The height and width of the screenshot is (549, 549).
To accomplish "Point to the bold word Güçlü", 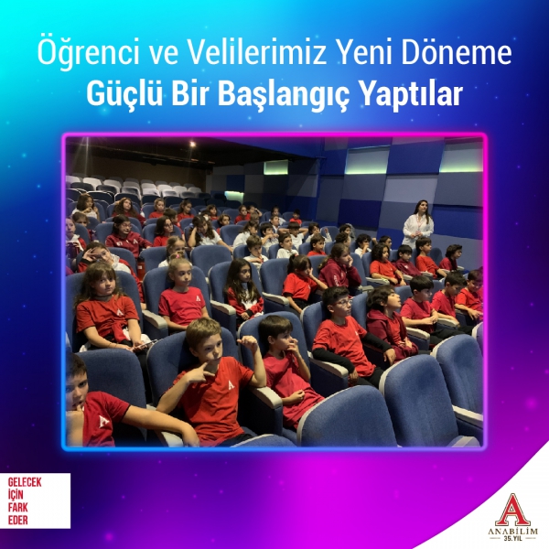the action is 124,93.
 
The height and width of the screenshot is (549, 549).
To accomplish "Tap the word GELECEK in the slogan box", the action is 25,482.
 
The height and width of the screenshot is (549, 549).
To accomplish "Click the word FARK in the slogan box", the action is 18,508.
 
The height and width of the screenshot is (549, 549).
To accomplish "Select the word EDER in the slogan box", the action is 18,520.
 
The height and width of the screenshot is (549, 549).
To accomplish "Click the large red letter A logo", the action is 513,510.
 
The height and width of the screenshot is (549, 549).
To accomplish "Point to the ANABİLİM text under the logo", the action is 513,532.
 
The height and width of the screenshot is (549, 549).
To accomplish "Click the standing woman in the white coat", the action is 418,224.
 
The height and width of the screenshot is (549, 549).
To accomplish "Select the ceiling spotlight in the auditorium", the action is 192,144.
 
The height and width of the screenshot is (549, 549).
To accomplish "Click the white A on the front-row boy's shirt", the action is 231,385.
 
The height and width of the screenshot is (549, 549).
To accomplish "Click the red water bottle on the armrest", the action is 141,268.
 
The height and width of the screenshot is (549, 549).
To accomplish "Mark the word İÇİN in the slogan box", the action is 16,494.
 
